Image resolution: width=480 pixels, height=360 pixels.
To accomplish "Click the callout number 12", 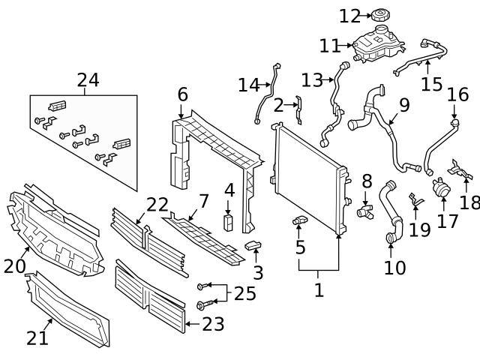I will (349, 16).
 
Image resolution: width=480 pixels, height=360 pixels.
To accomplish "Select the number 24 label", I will (88, 80).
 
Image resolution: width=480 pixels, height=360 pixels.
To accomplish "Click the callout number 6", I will (182, 94).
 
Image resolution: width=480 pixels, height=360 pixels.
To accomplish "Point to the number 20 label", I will (15, 265).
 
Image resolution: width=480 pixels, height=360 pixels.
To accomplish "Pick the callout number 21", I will (37, 337).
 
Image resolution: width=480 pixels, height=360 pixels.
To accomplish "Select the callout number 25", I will (244, 293).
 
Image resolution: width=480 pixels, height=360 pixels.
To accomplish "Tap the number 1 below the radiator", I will (319, 289).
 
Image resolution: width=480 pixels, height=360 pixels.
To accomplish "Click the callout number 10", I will (394, 267).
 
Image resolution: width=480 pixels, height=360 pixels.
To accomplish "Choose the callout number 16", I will (457, 94).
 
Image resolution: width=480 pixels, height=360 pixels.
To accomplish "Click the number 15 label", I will (431, 83).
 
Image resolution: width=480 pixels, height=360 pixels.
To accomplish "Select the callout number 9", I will (403, 104).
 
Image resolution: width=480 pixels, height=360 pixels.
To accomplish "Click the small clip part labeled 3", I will (253, 245).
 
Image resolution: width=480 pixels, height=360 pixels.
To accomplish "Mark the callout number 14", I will (248, 85).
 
